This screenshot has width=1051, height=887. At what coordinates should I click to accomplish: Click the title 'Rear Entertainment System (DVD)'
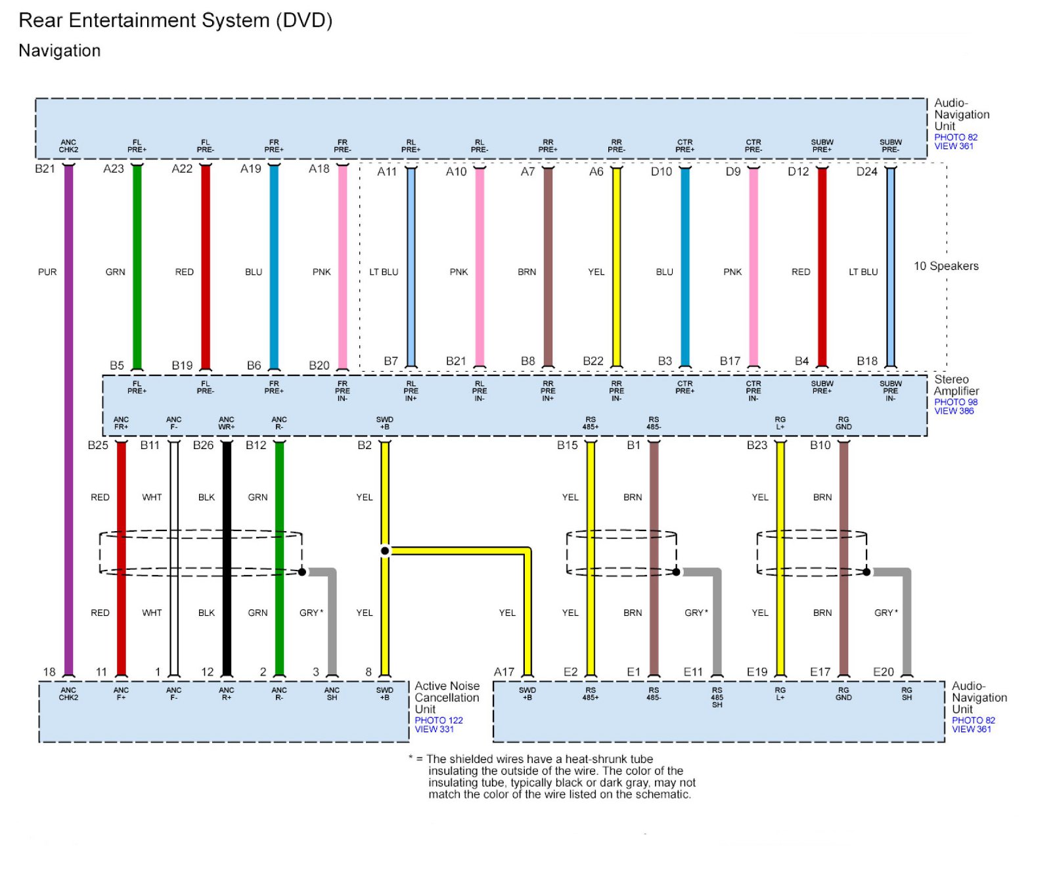[x=175, y=20]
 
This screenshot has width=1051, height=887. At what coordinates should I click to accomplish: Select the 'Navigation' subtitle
[x=60, y=51]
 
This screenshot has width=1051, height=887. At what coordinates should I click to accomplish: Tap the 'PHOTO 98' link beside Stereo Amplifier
[x=956, y=402]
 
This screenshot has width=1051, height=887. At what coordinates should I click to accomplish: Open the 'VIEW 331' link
[x=434, y=729]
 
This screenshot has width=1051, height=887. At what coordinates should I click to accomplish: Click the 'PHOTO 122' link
[x=439, y=720]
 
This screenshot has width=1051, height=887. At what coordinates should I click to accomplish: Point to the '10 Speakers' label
[x=946, y=266]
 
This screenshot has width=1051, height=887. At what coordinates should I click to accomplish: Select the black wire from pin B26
[x=227, y=558]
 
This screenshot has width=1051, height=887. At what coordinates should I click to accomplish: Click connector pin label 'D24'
[x=866, y=171]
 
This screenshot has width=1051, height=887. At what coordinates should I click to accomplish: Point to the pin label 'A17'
[x=504, y=672]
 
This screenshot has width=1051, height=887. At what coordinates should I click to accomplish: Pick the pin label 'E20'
[x=883, y=672]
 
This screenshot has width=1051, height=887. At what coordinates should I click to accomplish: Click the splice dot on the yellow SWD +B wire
[x=385, y=551]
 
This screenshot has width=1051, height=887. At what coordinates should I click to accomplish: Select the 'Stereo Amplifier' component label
[x=956, y=385]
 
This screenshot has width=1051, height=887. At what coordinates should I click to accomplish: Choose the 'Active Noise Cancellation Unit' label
[x=447, y=697]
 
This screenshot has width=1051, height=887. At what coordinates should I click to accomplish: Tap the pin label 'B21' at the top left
[x=45, y=169]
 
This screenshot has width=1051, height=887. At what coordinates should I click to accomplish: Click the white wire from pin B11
[x=174, y=558]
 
